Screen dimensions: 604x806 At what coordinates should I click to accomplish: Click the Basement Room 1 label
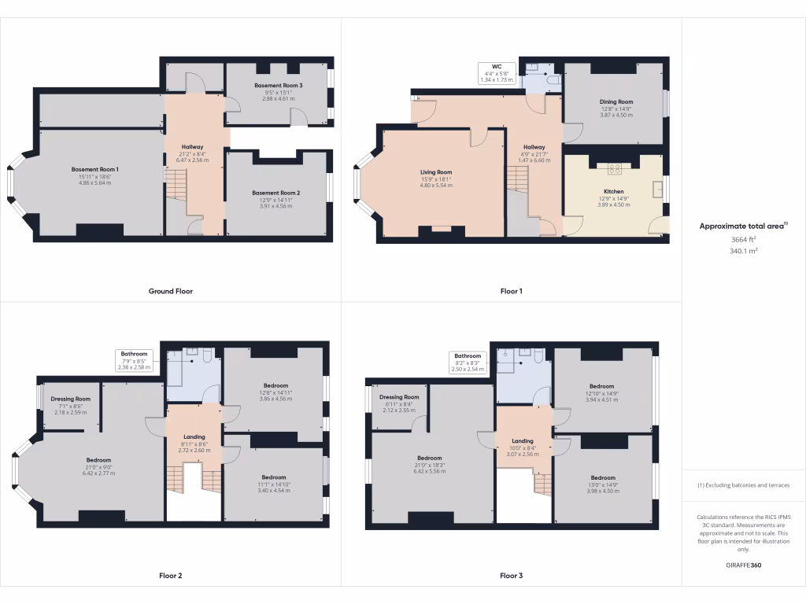pos(95,169)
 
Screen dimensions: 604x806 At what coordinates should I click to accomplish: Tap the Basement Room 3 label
pos(279,85)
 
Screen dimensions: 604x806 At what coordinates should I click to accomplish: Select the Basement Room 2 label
pos(276,193)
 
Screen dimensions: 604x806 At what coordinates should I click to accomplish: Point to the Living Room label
pos(435,172)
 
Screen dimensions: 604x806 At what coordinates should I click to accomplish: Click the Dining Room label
pos(616,101)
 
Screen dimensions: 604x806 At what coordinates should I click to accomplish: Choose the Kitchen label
pos(614,192)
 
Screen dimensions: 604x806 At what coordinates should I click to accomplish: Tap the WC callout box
pos(497,73)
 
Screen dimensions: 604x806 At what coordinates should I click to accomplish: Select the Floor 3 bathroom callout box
pos(467,362)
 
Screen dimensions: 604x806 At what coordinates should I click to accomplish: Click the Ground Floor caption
pos(171,291)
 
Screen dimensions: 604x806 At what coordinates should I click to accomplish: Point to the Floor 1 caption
pos(511,291)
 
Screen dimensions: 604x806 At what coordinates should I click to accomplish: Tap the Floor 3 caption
pos(511,576)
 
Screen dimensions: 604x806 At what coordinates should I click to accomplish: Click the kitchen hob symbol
pos(615,168)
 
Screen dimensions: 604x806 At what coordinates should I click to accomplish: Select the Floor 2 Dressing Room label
pos(71,399)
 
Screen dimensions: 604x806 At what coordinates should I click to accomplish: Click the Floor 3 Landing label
pos(522,441)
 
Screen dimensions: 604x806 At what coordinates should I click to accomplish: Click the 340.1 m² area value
pos(744,251)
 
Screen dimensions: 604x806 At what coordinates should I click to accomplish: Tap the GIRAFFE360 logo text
pos(744,565)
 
